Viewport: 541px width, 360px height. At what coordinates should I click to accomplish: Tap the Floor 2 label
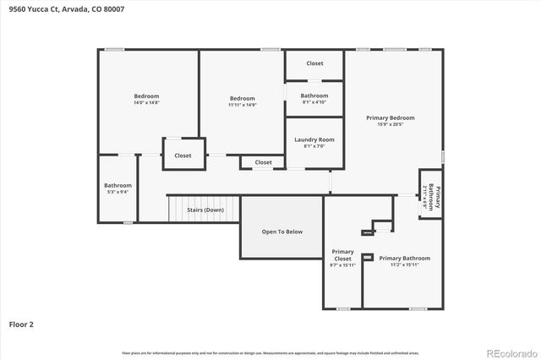point(21,323)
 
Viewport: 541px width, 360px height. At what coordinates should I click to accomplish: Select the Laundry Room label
point(314,139)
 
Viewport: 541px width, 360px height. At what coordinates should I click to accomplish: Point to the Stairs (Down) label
point(205,210)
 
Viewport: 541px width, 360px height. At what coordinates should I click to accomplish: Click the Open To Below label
point(281,232)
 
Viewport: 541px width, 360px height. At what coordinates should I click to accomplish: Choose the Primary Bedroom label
point(390,117)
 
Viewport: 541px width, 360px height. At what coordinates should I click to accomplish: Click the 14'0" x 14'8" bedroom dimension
point(146,104)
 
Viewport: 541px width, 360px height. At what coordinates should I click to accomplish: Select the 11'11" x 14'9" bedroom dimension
point(243,105)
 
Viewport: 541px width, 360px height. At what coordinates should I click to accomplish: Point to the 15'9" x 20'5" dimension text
point(390,125)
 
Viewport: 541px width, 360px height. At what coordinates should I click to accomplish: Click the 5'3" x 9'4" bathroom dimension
point(117,193)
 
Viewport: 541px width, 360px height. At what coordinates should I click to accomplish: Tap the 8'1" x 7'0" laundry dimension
point(314,147)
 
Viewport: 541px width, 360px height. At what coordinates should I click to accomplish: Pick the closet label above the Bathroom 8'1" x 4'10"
point(314,63)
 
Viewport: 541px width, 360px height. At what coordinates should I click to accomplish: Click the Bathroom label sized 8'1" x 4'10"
point(314,95)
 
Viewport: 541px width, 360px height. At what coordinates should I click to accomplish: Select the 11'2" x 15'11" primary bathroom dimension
point(404,265)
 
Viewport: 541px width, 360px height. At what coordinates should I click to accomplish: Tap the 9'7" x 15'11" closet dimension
point(342,265)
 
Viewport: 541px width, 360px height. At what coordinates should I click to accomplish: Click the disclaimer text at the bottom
point(270,351)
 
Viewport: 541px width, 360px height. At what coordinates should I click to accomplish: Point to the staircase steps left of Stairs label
point(176,209)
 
